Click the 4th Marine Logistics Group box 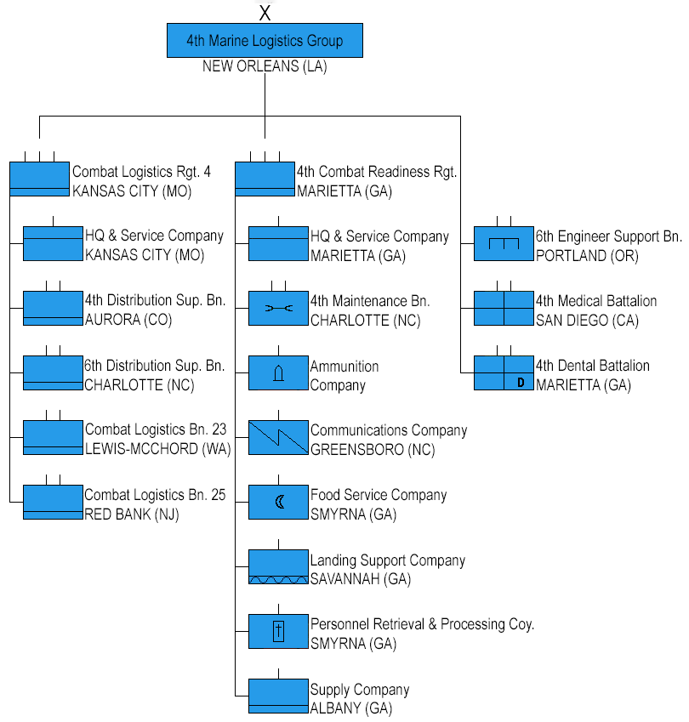[265, 41]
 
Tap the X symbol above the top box [265, 13]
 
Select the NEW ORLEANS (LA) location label [265, 66]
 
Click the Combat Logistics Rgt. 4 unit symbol [40, 179]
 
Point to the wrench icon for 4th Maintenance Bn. [279, 308]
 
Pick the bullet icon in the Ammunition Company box [279, 373]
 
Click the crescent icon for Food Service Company [280, 502]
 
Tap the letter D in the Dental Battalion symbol [521, 382]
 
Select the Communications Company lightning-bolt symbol [279, 437]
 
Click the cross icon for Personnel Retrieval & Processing [278, 631]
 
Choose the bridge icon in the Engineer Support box [504, 243]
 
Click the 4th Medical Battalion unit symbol [504, 308]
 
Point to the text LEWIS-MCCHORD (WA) [158, 448]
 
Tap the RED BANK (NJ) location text [132, 514]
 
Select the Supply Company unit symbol [279, 696]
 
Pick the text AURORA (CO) [128, 320]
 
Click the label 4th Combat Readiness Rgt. [377, 172]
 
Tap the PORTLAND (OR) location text [587, 256]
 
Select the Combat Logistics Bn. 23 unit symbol [53, 437]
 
